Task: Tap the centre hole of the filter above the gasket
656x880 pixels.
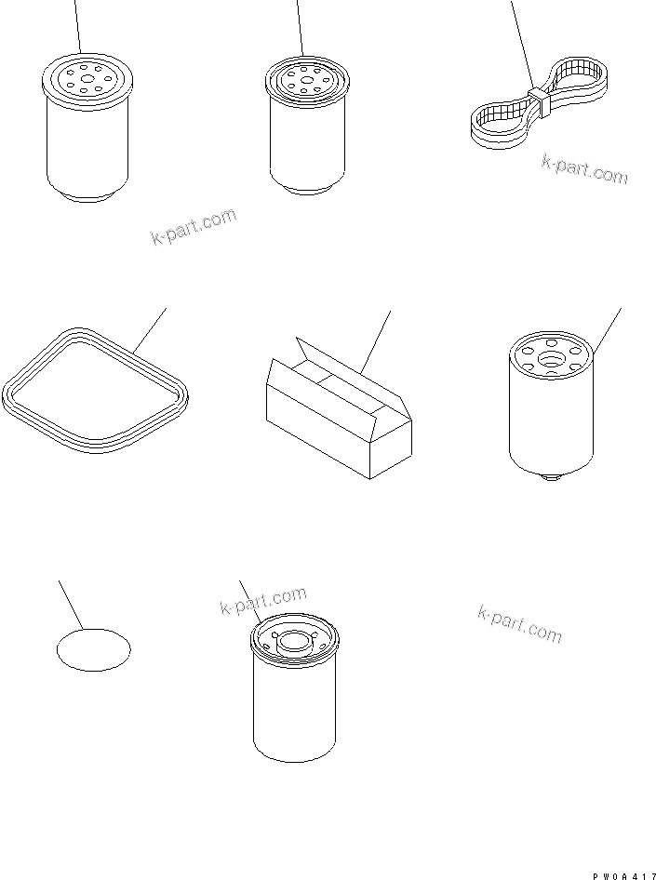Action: pos(87,79)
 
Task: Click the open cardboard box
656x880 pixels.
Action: pos(339,408)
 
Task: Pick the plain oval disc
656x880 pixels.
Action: pos(94,650)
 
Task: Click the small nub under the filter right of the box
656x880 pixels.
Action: pos(551,477)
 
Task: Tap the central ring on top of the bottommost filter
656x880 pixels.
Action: pos(294,641)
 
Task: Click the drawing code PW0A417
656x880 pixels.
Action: pos(623,875)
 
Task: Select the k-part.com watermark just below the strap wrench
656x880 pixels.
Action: pos(584,169)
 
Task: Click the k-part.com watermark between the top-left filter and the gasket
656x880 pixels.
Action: pos(194,227)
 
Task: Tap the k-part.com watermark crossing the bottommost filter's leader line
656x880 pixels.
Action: pos(262,601)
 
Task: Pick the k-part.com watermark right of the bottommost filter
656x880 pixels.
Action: pos(519,623)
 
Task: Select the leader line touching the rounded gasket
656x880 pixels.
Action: pos(150,330)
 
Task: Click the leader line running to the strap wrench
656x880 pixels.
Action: pos(522,44)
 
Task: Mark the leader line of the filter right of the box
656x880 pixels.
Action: pos(608,331)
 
